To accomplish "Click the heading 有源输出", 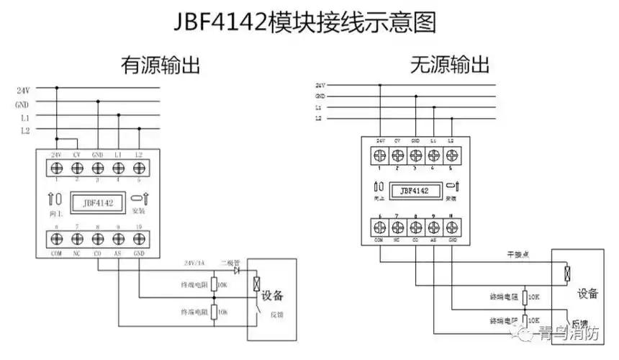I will coord(160,66).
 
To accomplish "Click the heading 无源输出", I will coord(449,66).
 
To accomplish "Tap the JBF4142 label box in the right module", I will coord(415,191).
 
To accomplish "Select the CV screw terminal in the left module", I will coord(77,168).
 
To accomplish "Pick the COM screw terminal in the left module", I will coord(56,238).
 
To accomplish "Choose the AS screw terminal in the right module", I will coord(433,227).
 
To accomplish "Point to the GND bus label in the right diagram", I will coord(320,95).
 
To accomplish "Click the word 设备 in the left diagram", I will coord(272,295).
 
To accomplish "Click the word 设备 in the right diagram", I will coord(587,294).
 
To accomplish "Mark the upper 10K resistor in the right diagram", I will coord(525,296).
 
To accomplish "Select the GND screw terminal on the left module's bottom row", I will coord(140,238).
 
